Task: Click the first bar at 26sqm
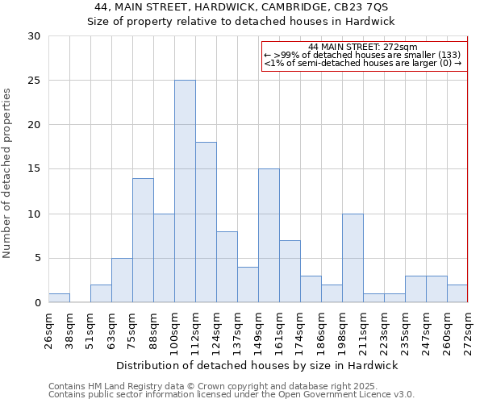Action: point(59,298)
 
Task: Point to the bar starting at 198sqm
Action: point(353,258)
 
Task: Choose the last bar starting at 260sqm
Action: point(457,294)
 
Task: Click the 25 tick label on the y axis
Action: point(34,81)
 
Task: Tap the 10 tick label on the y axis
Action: point(34,214)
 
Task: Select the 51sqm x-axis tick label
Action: point(90,329)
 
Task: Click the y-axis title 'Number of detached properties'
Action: point(8,173)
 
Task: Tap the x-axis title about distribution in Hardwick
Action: point(257,365)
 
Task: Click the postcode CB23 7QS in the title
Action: point(365,6)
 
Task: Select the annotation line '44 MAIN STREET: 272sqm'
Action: point(362,48)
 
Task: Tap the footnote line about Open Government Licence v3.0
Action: point(232,395)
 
